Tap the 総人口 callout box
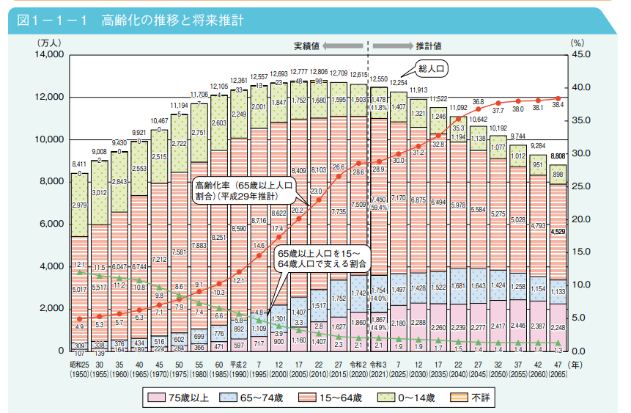pos(432,69)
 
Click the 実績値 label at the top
pos(306,45)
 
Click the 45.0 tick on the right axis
pos(580,55)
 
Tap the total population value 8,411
pos(79,165)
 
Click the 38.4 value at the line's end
pos(558,106)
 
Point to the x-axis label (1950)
pos(79,375)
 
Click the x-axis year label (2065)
pos(558,375)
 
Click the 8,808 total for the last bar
pos(558,156)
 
